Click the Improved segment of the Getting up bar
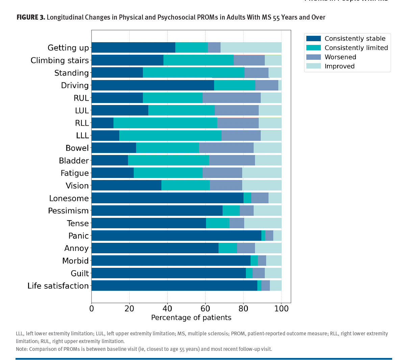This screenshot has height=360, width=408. coord(251,48)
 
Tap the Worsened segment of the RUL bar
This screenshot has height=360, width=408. coord(232,98)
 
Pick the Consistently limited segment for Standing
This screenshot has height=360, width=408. coord(194,73)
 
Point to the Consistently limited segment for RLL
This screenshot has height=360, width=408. coord(165,123)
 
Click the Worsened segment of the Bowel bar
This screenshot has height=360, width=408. coord(226,148)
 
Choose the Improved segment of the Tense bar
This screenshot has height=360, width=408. coord(263,223)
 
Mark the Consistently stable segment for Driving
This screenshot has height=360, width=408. coord(153,85)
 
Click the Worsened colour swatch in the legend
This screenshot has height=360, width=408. coord(313,57)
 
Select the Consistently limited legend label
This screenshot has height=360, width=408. coord(356,48)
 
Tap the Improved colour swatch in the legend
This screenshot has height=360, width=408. coord(313,66)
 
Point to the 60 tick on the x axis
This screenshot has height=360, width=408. coord(205,304)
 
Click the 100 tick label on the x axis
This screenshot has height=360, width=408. coord(281,309)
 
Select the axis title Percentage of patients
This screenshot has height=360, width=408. coord(191,318)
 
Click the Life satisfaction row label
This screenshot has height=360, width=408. coord(58,286)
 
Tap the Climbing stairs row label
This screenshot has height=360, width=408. coord(60,60)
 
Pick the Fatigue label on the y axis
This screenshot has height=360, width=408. coord(75,173)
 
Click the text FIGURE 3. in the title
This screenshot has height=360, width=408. coord(31,17)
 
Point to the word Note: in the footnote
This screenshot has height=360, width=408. coord(22,349)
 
